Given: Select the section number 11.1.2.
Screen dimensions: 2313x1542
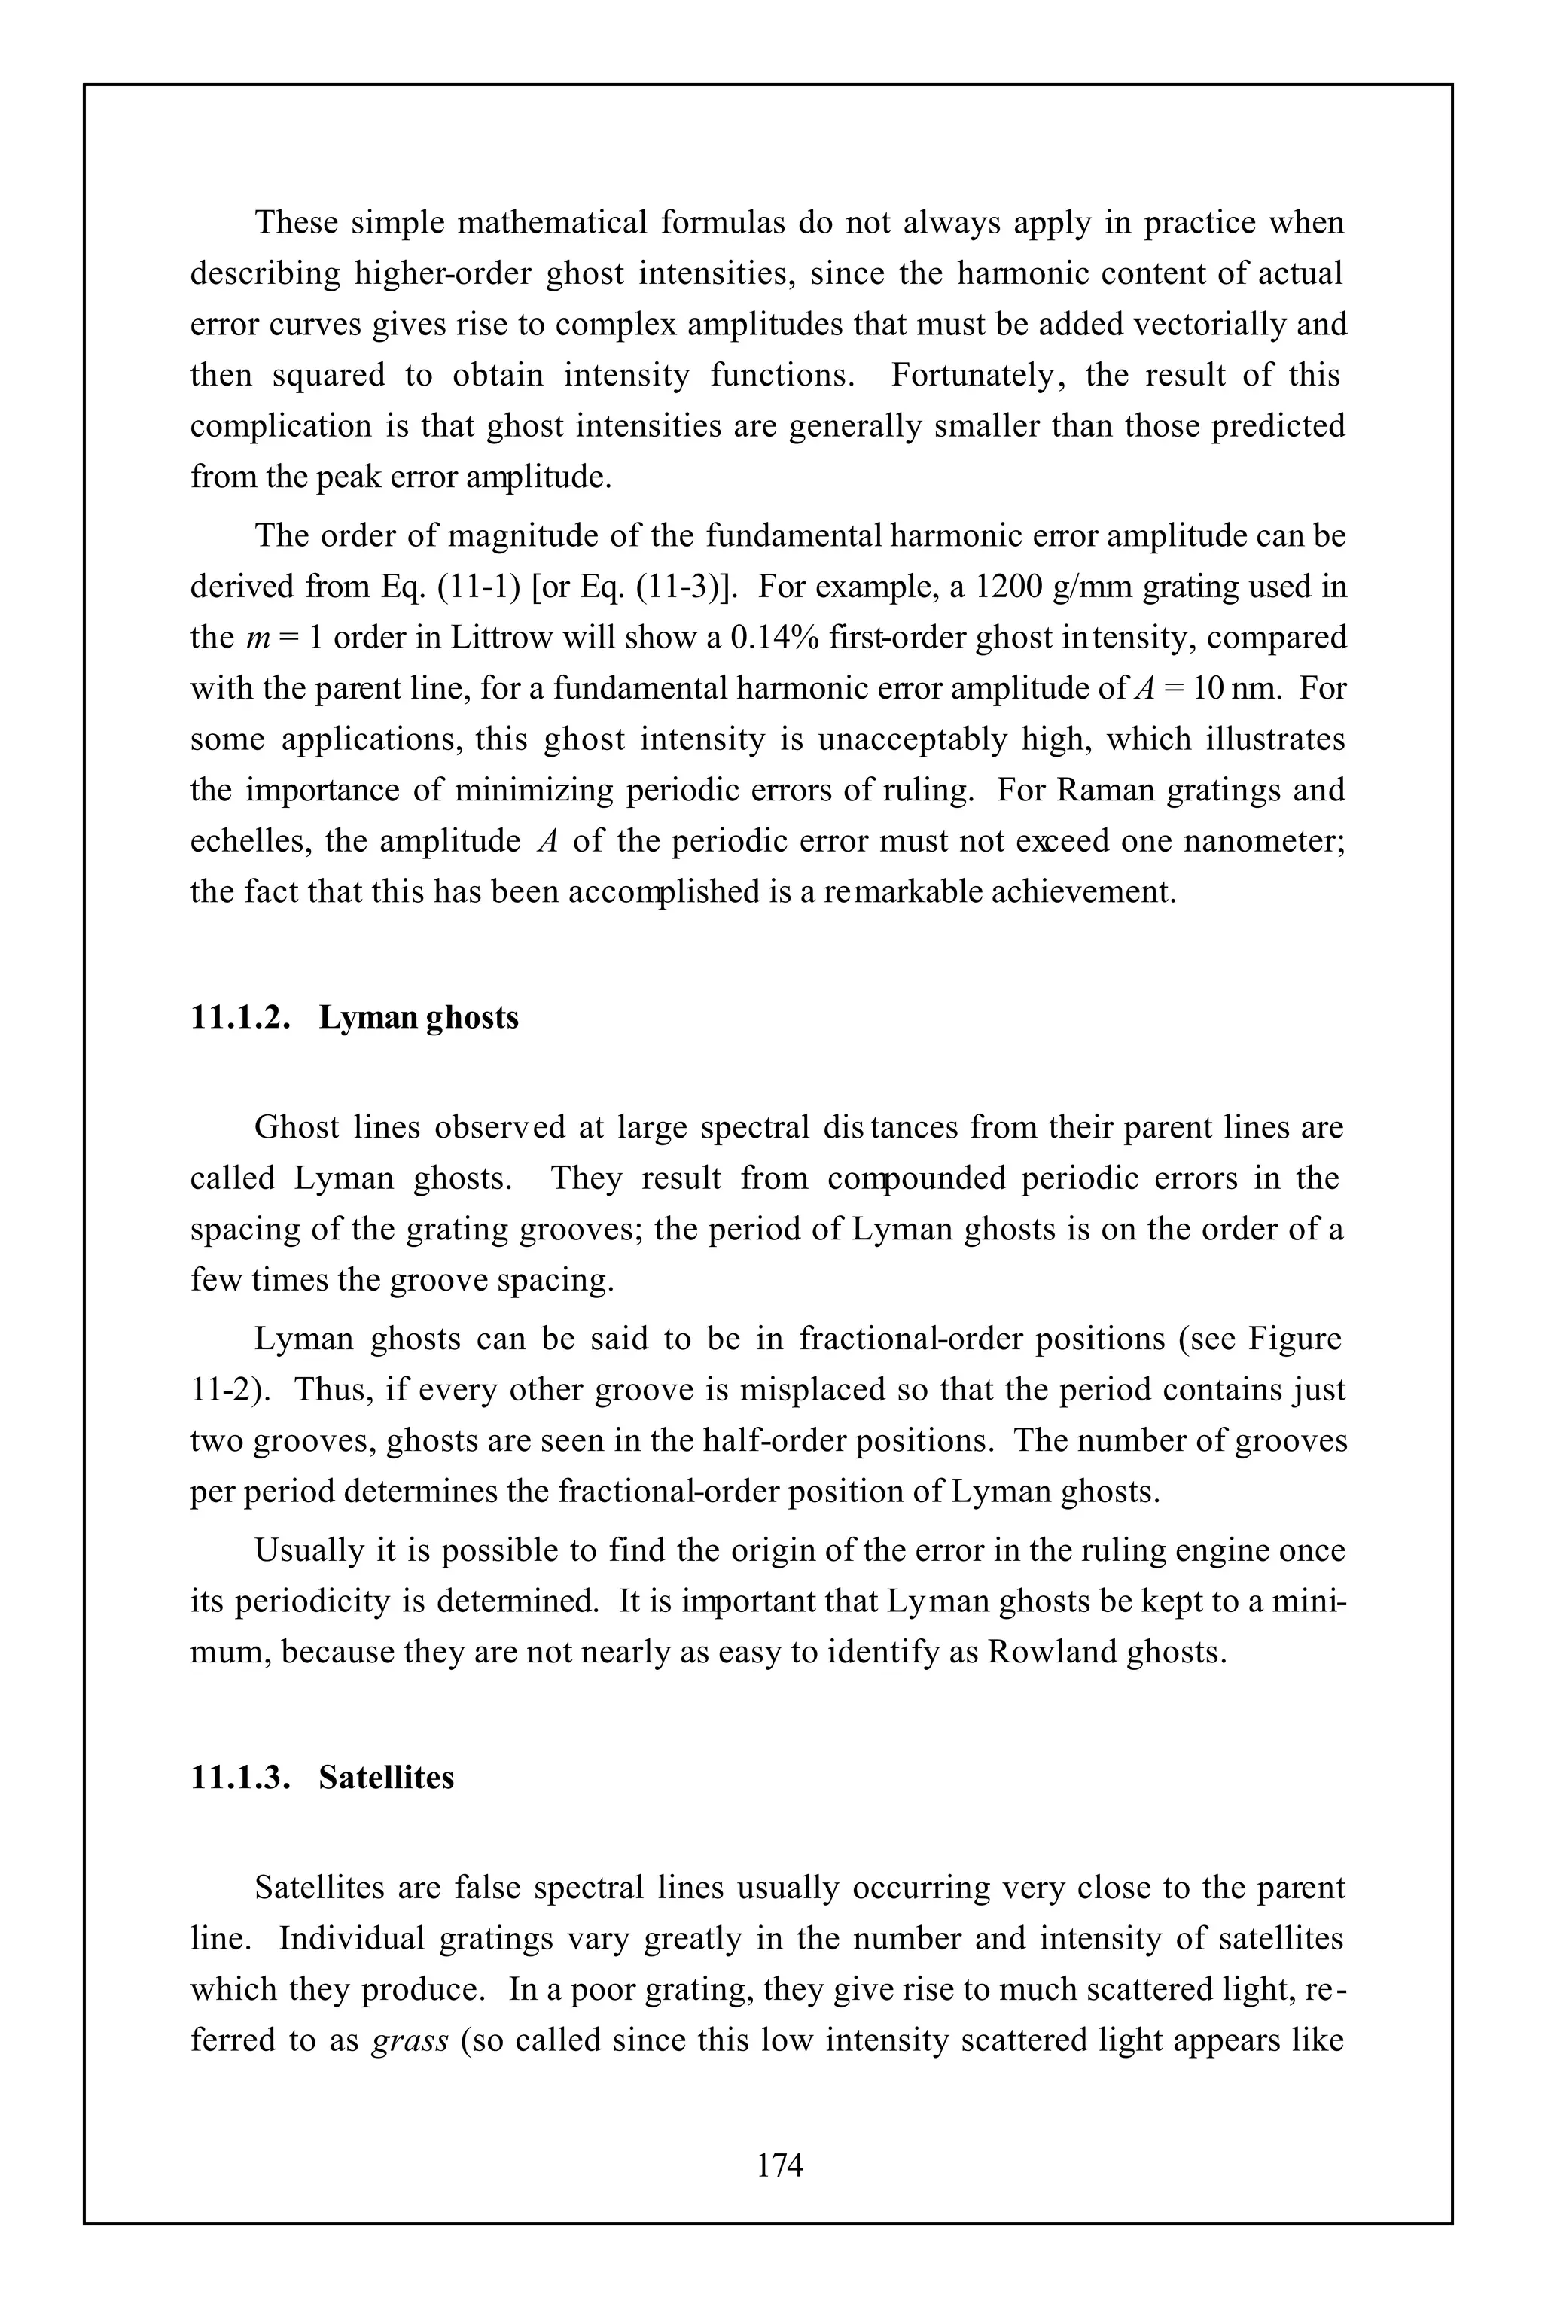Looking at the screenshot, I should (x=240, y=1017).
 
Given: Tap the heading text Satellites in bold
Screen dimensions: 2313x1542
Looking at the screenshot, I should (x=386, y=1778).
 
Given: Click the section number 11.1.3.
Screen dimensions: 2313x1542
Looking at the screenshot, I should (x=240, y=1778).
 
